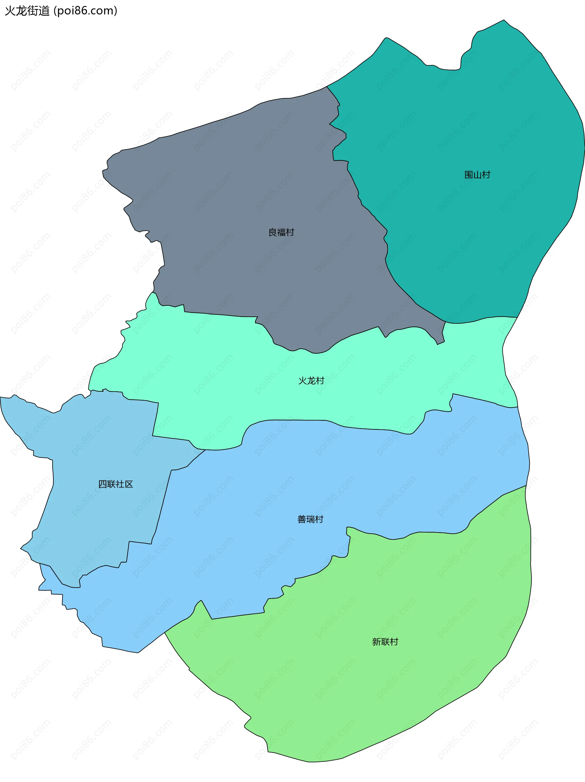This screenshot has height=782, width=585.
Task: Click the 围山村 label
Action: (477, 175)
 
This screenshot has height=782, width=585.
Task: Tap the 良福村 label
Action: (281, 232)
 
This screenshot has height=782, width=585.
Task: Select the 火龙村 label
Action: (311, 380)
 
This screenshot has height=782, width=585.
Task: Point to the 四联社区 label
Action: (115, 484)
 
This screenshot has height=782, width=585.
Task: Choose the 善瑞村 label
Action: (310, 519)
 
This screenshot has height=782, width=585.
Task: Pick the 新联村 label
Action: (385, 642)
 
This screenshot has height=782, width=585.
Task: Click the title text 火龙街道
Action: (27, 11)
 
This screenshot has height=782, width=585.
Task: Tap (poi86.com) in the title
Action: (85, 11)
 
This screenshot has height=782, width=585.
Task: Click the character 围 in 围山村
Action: (469, 175)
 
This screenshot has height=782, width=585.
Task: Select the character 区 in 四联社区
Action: (129, 484)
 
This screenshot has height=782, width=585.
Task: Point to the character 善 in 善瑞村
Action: (302, 519)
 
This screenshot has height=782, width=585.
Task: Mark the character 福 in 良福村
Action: (281, 232)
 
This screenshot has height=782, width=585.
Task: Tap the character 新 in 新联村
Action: (377, 642)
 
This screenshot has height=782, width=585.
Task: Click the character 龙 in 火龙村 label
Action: (311, 380)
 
